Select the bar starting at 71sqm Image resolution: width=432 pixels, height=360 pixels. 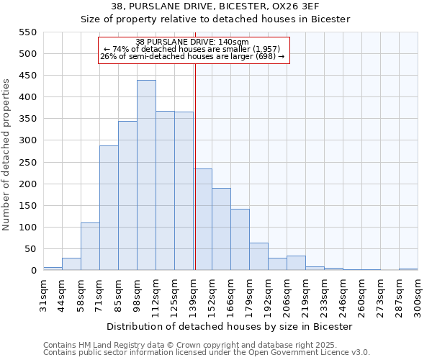pyautogui.click(x=109, y=208)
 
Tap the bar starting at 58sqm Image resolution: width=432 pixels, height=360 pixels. pyautogui.click(x=90, y=246)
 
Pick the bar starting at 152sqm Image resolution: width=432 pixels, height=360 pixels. pyautogui.click(x=221, y=229)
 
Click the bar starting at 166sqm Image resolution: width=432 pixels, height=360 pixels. pyautogui.click(x=240, y=240)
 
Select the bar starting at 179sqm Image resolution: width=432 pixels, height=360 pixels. pyautogui.click(x=258, y=256)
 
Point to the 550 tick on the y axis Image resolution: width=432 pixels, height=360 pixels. pyautogui.click(x=27, y=32)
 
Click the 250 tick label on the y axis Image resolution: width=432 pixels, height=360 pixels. pyautogui.click(x=27, y=163)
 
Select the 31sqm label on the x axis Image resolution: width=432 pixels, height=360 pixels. pyautogui.click(x=43, y=294)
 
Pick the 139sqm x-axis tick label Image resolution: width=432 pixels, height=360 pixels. pyautogui.click(x=193, y=294)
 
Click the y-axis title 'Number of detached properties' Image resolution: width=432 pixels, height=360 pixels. pyautogui.click(x=7, y=155)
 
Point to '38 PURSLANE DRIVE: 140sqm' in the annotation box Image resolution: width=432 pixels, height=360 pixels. pyautogui.click(x=192, y=42)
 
